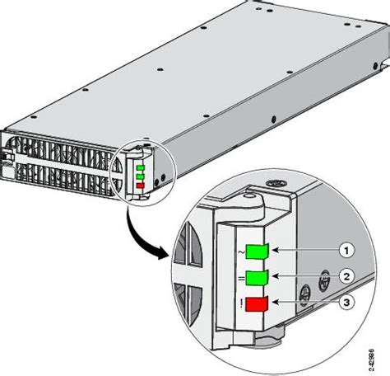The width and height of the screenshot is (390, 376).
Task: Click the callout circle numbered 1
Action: [x=348, y=249]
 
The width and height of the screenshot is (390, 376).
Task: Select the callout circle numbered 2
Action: [x=348, y=277]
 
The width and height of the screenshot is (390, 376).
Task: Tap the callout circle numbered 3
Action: [x=348, y=304]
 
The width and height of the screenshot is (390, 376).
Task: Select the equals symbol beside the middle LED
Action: [x=239, y=279]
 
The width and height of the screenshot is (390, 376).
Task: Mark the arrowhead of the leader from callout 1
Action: [x=275, y=249]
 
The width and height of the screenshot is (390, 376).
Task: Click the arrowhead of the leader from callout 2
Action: [x=275, y=277]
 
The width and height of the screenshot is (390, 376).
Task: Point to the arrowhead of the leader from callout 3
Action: [x=275, y=304]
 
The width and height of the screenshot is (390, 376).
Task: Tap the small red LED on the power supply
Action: [x=140, y=185]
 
